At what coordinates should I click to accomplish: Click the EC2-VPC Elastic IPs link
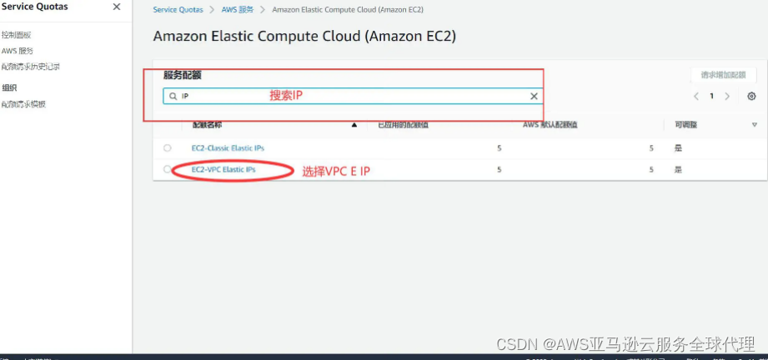pyautogui.click(x=223, y=169)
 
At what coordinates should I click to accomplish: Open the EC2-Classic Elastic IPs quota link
pyautogui.click(x=228, y=147)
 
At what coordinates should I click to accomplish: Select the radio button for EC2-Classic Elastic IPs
pyautogui.click(x=168, y=147)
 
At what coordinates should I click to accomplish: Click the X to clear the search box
pyautogui.click(x=535, y=97)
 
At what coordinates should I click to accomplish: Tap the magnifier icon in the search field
pyautogui.click(x=173, y=97)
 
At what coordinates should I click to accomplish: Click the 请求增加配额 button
pyautogui.click(x=723, y=75)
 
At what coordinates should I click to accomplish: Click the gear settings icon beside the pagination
pyautogui.click(x=751, y=97)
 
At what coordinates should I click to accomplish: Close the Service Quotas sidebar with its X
pyautogui.click(x=116, y=7)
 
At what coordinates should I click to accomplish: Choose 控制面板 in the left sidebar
pyautogui.click(x=17, y=35)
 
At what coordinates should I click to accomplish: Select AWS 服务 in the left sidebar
pyautogui.click(x=17, y=51)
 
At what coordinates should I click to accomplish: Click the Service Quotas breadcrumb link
pyautogui.click(x=177, y=9)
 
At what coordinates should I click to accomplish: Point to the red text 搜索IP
pyautogui.click(x=285, y=96)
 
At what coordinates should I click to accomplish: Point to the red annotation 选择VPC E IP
pyautogui.click(x=335, y=172)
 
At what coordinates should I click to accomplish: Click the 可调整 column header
pyautogui.click(x=685, y=124)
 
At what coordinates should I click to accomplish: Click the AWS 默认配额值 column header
pyautogui.click(x=550, y=124)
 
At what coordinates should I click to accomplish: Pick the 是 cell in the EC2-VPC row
pyautogui.click(x=678, y=169)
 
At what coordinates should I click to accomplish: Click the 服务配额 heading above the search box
pyautogui.click(x=182, y=75)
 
